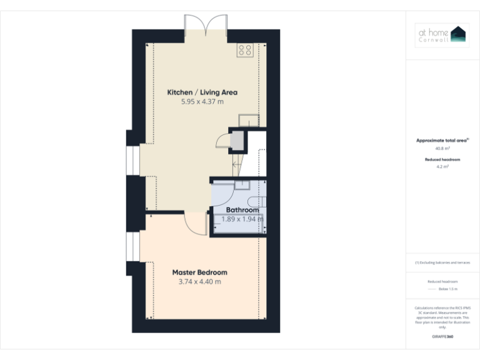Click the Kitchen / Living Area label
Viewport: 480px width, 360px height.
coord(202,92)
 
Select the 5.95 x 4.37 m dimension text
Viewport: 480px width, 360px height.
coord(202,101)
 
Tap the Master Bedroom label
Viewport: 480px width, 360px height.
coord(199,272)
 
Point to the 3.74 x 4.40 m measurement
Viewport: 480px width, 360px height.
coord(199,282)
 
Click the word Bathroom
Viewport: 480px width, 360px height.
coord(242,210)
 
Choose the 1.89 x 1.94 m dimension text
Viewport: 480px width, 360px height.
coord(242,219)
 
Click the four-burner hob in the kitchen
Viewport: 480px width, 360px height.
coord(244,50)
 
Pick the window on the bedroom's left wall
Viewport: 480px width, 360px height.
coord(133,249)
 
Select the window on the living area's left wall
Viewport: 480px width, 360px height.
coord(133,161)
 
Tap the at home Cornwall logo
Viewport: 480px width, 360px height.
coord(442,35)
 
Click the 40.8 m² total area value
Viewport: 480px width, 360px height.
coord(442,149)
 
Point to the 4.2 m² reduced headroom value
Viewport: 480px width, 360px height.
coord(442,167)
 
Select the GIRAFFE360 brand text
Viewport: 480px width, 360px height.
coord(442,337)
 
